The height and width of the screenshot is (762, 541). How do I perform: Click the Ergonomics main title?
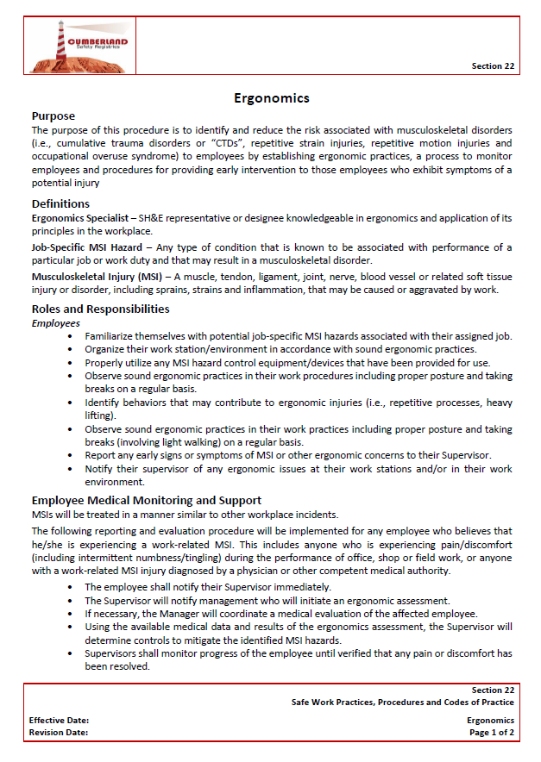tap(272, 98)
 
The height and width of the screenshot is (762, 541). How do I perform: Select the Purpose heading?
tap(53, 116)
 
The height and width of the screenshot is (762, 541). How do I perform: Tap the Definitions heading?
tap(60, 203)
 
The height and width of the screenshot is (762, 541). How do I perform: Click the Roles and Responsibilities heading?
tap(100, 309)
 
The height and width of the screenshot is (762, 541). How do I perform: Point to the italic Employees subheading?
tap(56, 322)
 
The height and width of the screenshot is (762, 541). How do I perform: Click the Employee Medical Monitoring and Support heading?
tap(147, 500)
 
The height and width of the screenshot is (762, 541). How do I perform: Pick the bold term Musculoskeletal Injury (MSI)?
tap(94, 277)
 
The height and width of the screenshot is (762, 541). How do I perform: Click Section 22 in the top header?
tap(493, 66)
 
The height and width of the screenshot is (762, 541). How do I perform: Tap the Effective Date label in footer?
tap(59, 720)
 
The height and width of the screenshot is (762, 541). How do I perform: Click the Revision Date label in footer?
tap(59, 733)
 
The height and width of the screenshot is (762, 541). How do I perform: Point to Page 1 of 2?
tap(491, 733)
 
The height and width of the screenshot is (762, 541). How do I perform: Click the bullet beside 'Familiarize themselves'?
tap(70, 336)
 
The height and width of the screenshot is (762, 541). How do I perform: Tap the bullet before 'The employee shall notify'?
tap(70, 586)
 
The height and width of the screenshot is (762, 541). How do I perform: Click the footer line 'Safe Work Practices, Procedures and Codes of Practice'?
tap(402, 703)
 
